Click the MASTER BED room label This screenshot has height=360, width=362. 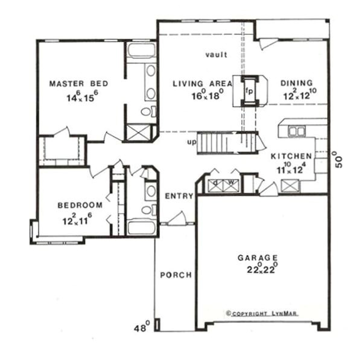point(71,83)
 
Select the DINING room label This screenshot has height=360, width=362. point(297,83)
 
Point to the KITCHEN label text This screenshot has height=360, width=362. point(291,156)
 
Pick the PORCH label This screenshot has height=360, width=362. point(176,275)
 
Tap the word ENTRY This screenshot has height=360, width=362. point(179,196)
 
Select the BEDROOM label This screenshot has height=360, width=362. point(80,205)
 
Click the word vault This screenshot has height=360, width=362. point(215,55)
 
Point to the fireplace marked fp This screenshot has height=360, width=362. point(249,92)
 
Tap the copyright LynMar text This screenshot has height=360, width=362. point(261,313)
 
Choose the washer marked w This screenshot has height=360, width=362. point(230,184)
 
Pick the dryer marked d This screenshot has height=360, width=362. point(216,184)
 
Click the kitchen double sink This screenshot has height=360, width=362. point(296,131)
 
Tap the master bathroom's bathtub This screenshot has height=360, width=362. point(141,50)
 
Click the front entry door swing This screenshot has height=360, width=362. point(177,218)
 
